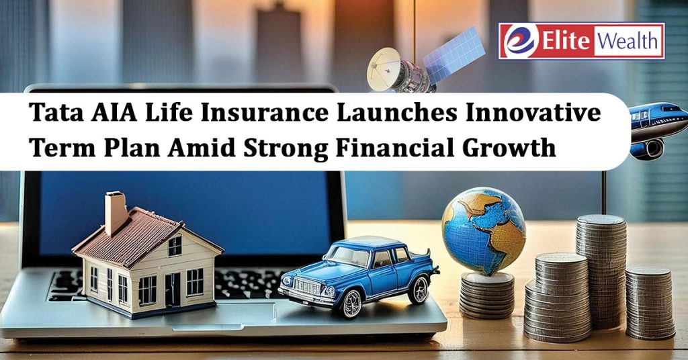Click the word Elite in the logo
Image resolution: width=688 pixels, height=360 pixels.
(x=565, y=41)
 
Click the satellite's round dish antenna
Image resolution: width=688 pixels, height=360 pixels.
(x=384, y=64)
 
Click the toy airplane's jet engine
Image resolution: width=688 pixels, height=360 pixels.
(x=648, y=148)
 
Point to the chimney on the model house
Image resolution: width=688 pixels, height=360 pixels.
(x=116, y=213)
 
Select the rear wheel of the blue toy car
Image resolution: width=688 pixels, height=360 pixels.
(x=419, y=289)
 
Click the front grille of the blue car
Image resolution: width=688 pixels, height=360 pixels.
(x=306, y=287)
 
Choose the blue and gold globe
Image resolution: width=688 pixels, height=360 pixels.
(x=484, y=230)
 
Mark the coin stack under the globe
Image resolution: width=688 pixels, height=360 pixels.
(x=486, y=295)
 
